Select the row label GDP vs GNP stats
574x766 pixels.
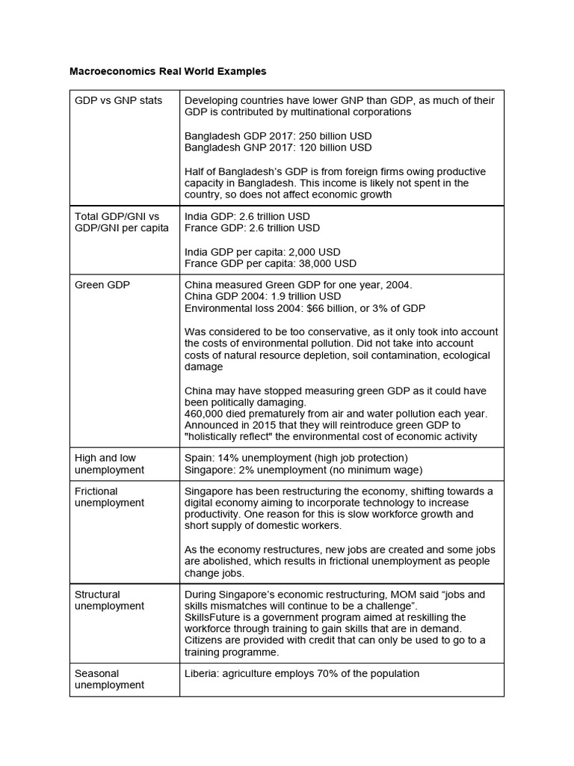118,100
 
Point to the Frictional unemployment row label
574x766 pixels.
109,497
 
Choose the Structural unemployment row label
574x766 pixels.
109,600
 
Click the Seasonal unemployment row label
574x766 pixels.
109,679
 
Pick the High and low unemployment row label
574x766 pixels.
109,464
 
